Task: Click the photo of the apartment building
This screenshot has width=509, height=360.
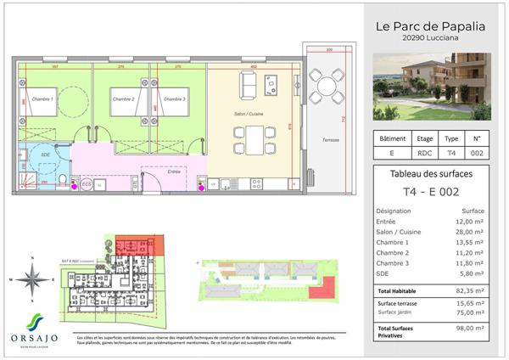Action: tap(433, 86)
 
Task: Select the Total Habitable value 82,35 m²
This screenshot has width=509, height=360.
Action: tap(467, 290)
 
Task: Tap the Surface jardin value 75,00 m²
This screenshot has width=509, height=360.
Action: tap(467, 312)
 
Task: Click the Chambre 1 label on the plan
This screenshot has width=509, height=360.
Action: tap(42, 100)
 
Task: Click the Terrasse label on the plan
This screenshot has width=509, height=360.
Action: tap(320, 139)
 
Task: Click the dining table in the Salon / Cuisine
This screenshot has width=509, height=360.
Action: tap(256, 138)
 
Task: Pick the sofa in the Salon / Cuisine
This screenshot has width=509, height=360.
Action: tap(249, 83)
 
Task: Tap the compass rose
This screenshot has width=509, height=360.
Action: tap(31, 277)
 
